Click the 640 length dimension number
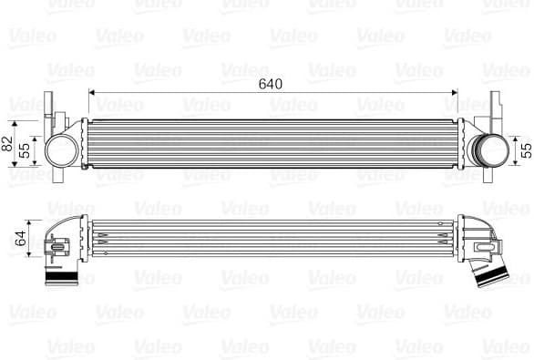[x=270, y=84]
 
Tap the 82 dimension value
[x=8, y=142]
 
